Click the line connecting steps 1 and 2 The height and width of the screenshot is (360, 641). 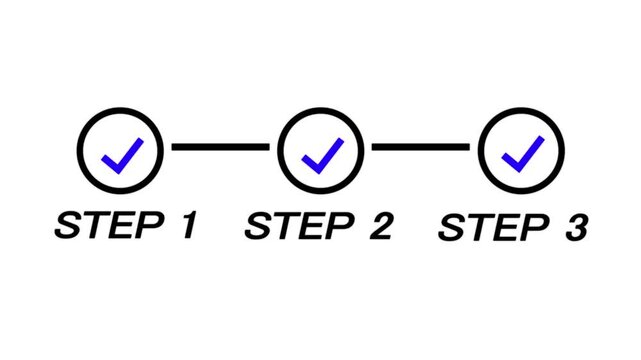pos(220,147)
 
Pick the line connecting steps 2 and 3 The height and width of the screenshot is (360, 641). pos(420,147)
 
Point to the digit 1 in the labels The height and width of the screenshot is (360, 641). pos(189,225)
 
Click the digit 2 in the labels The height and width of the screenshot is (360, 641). pos(381,225)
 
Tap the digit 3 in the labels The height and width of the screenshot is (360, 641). pos(576,227)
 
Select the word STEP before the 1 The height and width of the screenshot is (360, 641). pos(109,225)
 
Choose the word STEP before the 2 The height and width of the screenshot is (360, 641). pos(300,225)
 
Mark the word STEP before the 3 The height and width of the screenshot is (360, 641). pos(494,227)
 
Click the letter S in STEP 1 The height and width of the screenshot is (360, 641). pos(68,225)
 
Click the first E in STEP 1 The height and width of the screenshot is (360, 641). pos(121,225)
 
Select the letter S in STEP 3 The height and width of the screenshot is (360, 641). pos(452,227)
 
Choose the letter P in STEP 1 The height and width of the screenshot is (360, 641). pos(149,225)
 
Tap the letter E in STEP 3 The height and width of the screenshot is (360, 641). pos(506,227)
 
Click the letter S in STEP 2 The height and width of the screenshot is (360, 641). pos(258,225)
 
